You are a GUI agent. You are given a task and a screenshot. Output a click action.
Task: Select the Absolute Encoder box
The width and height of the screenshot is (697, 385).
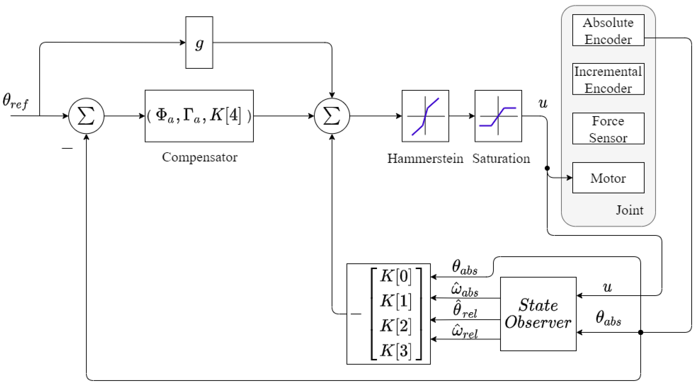click(608, 30)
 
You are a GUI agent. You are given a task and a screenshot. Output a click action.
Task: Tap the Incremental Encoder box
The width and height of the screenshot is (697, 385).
click(608, 79)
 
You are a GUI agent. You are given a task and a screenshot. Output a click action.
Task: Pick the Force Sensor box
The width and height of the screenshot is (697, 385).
click(608, 129)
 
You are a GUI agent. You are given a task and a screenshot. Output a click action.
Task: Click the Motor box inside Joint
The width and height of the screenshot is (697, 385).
click(608, 178)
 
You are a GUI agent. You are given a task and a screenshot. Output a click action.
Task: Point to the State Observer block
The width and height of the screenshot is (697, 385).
click(538, 314)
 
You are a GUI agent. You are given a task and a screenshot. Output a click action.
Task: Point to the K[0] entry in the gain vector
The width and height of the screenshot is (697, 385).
click(396, 276)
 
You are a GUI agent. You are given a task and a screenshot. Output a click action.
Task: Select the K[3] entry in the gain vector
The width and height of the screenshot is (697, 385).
click(396, 350)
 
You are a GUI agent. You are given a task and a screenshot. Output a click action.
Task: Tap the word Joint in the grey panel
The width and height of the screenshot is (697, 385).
click(629, 210)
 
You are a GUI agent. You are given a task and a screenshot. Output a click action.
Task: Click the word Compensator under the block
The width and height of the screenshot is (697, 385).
click(199, 157)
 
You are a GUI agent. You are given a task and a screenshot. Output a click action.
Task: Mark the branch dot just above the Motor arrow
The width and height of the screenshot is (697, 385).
click(547, 168)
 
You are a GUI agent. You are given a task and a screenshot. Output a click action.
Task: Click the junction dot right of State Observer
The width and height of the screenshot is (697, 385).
click(640, 332)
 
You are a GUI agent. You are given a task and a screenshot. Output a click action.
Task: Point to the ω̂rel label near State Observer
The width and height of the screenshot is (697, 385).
click(464, 332)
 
